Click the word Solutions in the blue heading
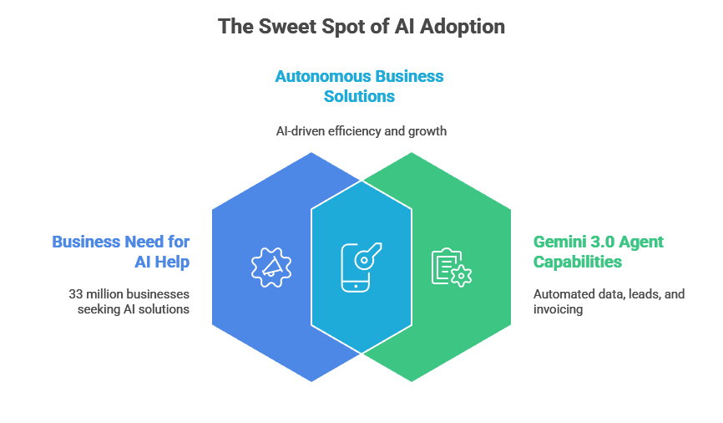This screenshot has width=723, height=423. pyautogui.click(x=359, y=96)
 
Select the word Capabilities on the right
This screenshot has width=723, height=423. pyautogui.click(x=578, y=262)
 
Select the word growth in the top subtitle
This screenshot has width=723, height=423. pyautogui.click(x=428, y=131)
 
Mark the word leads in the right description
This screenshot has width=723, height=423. pyautogui.click(x=641, y=294)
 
